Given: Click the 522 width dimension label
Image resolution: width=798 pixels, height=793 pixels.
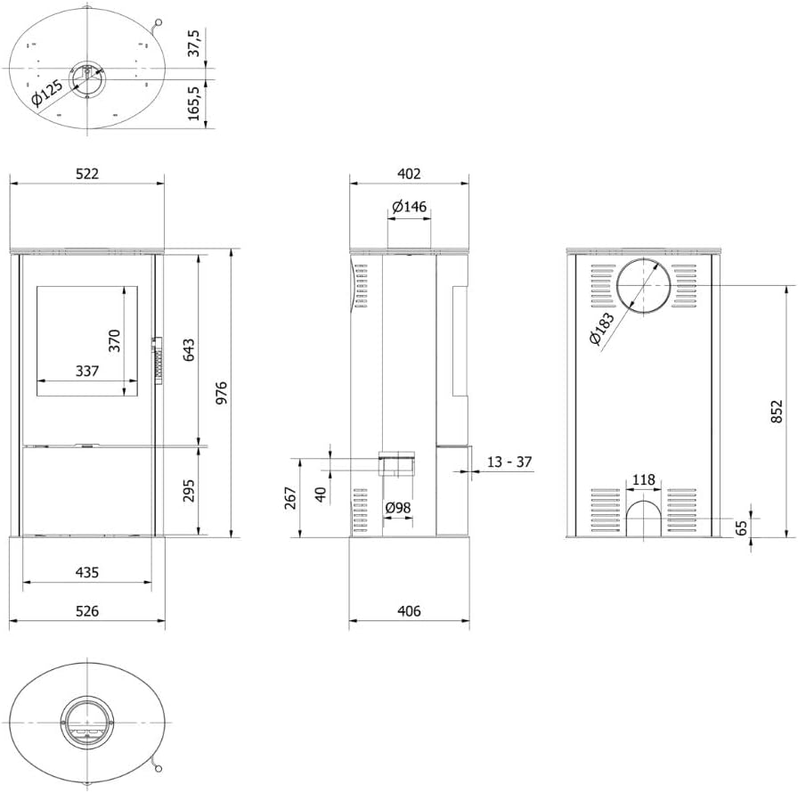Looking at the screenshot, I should coord(86,174).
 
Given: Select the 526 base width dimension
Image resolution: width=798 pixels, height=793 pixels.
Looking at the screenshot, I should coord(86,611).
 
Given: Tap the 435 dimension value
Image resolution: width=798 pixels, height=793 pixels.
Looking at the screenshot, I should coord(86,572).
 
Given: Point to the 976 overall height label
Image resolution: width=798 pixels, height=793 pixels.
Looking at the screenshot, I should coord(222,394).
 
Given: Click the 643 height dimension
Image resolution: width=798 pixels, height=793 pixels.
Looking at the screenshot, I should coord(188,350).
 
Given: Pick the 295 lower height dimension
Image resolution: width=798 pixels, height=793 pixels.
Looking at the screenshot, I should coord(188,491).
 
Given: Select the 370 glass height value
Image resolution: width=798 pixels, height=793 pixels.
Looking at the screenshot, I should coord(114,340).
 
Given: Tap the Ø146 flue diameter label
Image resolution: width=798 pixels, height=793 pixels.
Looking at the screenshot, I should coord(410,207).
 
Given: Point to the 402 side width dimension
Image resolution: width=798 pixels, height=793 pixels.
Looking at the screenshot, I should coord(409,174).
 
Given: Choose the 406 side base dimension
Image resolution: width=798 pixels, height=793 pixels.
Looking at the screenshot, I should coord(409,611).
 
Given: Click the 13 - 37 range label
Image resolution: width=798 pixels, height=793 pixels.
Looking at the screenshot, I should coord(510,462).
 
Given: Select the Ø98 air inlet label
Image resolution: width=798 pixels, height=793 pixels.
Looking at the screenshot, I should coord(398,508).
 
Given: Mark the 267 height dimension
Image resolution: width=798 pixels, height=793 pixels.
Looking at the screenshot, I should coord(290,497).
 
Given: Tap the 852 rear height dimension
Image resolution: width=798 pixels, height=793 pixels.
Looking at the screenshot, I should coord(777,412).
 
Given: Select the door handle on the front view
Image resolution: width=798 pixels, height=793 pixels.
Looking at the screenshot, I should coord(158,360).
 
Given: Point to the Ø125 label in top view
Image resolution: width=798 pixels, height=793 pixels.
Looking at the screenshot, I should coord(46,94).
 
